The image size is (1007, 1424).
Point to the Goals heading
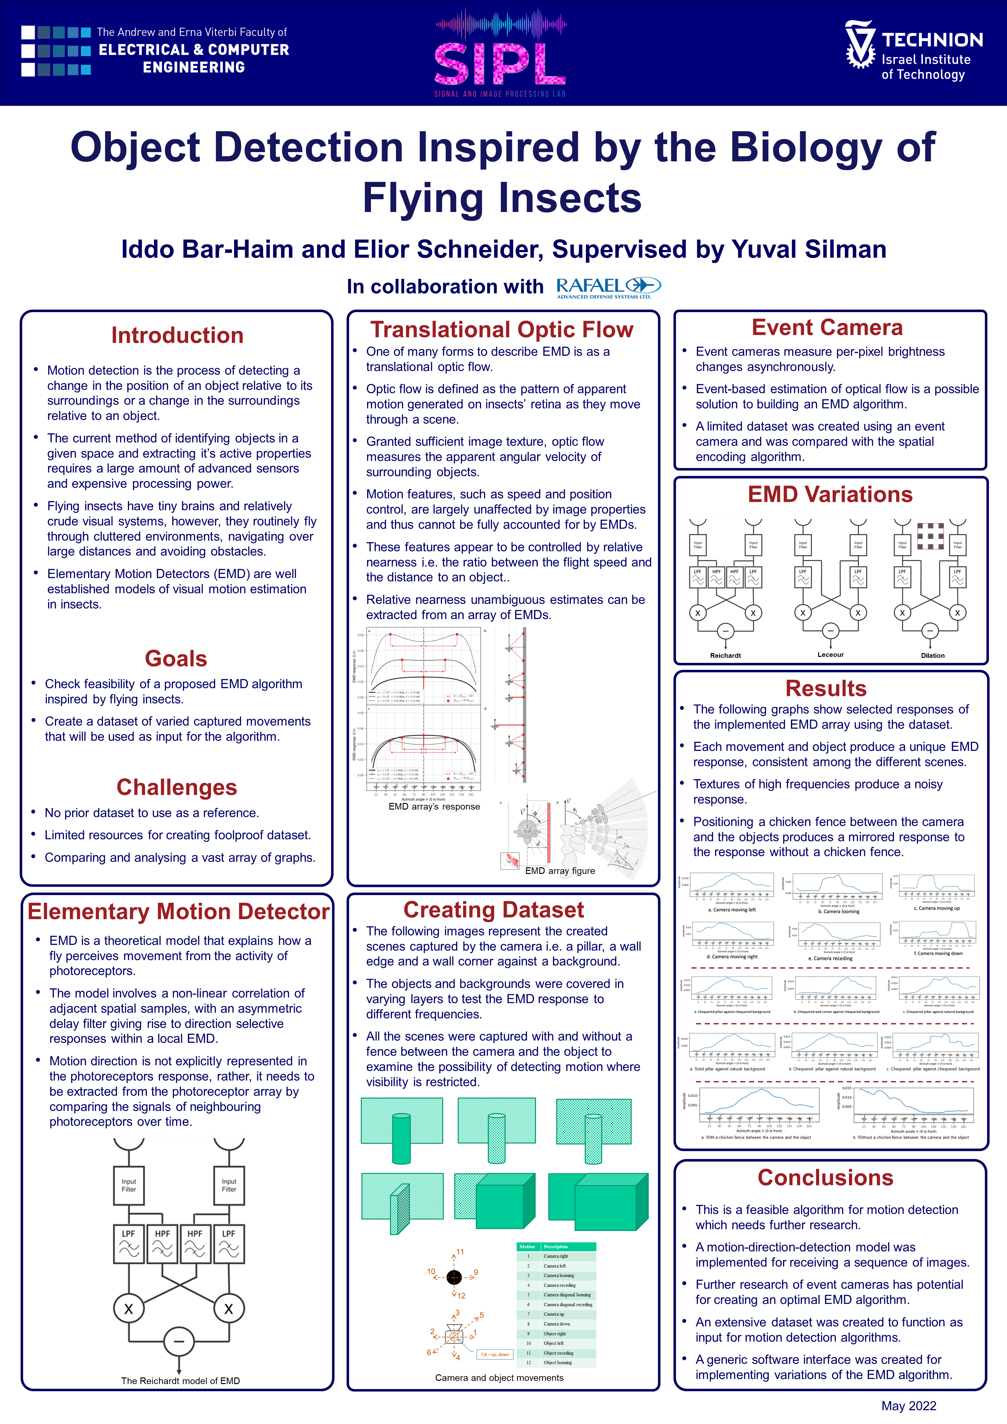[176, 659]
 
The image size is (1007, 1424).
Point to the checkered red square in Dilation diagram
[930, 535]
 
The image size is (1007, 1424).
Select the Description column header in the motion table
[556, 1247]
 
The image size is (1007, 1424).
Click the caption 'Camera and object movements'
[499, 1377]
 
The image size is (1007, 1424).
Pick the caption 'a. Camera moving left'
[732, 910]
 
